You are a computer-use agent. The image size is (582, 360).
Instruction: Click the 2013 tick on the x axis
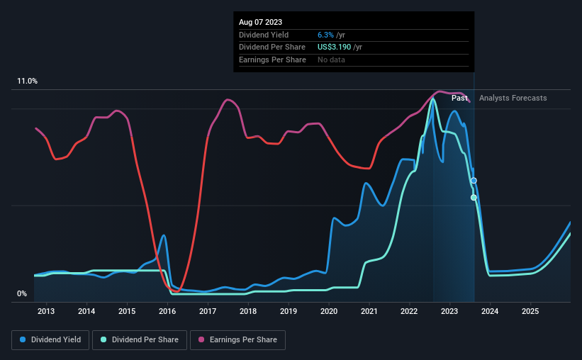point(46,311)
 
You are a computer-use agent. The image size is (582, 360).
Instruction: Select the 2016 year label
point(167,311)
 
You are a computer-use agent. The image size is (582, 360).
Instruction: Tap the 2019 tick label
point(289,311)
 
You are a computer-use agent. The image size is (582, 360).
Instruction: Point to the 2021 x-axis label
point(369,311)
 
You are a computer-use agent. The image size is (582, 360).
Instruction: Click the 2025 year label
point(531,311)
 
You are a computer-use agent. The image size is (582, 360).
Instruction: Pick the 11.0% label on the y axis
point(28,81)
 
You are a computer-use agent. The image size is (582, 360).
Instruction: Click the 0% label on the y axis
point(22,293)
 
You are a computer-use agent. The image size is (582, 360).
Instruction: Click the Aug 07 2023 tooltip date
point(261,22)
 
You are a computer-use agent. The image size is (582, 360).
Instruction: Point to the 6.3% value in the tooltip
point(327,35)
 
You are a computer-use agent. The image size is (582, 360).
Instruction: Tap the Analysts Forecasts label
point(513,98)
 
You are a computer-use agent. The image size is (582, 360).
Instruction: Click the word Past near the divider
point(459,98)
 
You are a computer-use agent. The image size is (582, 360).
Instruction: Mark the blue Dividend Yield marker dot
point(474,181)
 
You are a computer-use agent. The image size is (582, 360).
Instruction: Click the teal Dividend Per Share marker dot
point(474,198)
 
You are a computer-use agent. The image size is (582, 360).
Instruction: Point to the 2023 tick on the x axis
point(450,311)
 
